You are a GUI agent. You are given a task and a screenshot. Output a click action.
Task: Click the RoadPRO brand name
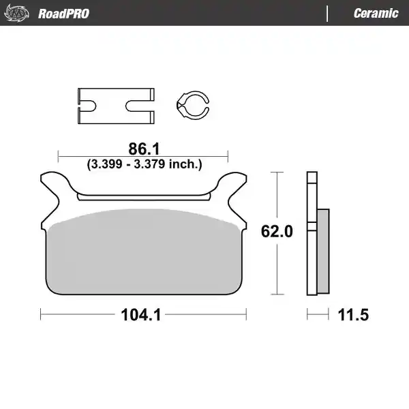coord(63,14)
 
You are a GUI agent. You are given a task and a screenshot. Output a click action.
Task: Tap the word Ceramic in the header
coord(376,14)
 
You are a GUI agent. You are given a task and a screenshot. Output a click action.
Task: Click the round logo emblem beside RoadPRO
coord(16,13)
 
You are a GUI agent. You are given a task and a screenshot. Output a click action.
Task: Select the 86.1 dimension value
coord(144,149)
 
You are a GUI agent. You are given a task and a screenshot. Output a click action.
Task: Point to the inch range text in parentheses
coord(145,164)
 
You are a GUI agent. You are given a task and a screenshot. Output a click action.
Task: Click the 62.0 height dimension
coord(277,231)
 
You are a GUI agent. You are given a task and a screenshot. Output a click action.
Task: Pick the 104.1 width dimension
coord(141,314)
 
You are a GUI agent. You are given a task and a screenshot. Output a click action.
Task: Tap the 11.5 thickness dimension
coord(353,314)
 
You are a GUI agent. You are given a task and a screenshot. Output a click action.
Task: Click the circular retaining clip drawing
coord(193,106)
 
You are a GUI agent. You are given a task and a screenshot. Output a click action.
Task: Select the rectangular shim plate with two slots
coord(116,106)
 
